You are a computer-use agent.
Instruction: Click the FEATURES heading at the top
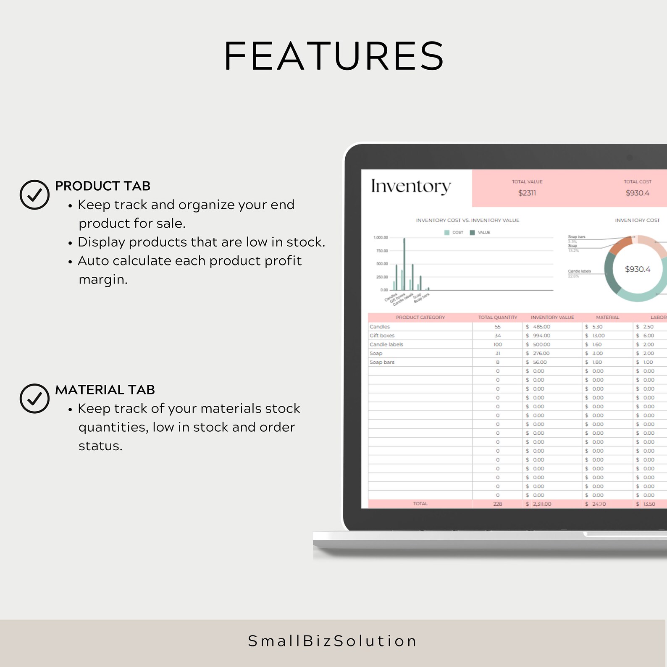(334, 56)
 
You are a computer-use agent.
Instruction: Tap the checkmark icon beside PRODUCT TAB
(34, 194)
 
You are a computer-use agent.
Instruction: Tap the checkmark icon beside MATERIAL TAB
(34, 398)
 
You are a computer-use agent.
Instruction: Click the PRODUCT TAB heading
(102, 186)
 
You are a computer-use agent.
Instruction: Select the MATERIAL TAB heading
(105, 389)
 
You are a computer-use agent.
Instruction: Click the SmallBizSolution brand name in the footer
(333, 641)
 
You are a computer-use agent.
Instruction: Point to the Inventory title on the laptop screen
(411, 186)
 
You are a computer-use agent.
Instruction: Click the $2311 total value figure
(527, 193)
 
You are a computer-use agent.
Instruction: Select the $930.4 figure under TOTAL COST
(637, 193)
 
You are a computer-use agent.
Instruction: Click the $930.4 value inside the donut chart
(637, 269)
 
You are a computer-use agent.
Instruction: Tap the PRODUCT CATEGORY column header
(420, 318)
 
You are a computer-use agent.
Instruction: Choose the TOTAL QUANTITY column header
(498, 318)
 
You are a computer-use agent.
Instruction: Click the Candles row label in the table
(380, 327)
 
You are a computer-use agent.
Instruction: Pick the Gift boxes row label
(382, 336)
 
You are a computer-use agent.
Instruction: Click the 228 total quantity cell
(498, 504)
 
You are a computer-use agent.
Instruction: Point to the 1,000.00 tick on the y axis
(381, 238)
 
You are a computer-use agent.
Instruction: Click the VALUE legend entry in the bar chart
(483, 232)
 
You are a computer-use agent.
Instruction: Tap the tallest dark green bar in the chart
(404, 264)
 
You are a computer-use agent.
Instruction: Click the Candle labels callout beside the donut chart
(579, 271)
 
